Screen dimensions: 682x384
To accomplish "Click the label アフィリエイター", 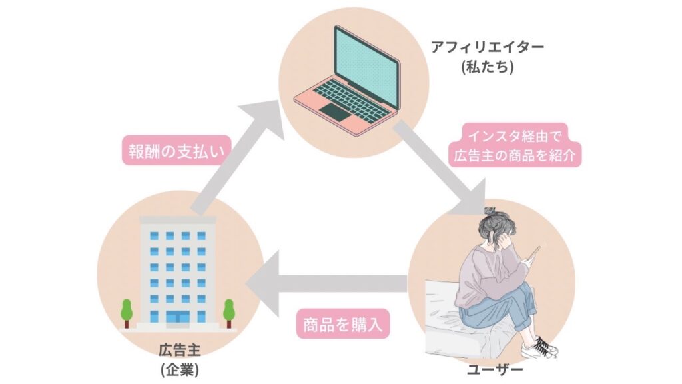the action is tap(487, 47).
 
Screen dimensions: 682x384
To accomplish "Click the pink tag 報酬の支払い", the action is tap(176, 151).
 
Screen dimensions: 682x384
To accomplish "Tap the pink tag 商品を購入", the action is tap(343, 325).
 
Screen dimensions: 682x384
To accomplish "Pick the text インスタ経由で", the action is tap(515, 136).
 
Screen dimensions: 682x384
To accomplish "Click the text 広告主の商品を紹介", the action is tap(515, 155).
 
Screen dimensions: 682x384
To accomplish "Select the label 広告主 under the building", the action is tap(180, 350).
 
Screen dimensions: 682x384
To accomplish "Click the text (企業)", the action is tap(180, 369).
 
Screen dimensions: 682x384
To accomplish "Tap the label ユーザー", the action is tap(495, 370).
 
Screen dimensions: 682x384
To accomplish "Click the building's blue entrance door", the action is tap(178, 317).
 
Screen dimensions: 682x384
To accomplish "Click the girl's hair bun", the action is tap(491, 213).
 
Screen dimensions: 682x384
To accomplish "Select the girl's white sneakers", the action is tap(539, 348).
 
